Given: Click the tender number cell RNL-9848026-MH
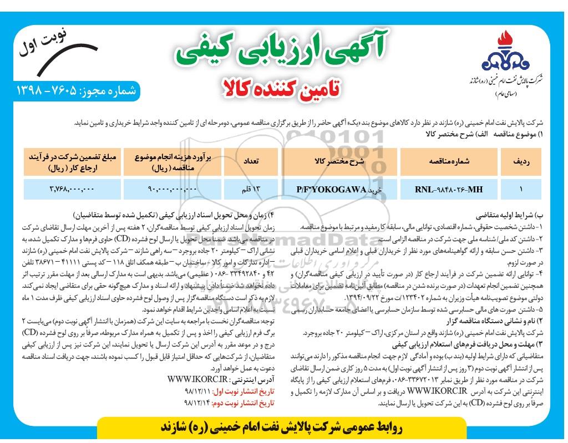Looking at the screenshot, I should pos(448,189).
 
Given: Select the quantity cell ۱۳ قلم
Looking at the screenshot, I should pos(248,189).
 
